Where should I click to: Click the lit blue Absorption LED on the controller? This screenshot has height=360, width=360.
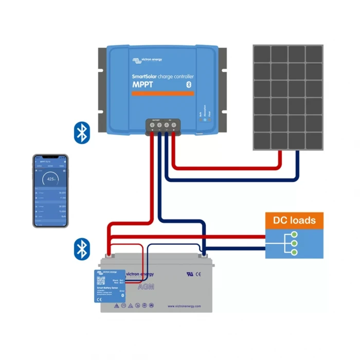[204, 119]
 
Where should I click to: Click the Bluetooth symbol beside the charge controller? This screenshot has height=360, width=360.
[81, 132]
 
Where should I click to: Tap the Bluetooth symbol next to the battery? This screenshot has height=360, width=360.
[81, 248]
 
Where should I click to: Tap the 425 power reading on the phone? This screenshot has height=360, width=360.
[50, 179]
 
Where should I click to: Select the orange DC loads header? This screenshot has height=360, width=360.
[295, 221]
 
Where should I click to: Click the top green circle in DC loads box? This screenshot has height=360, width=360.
[294, 235]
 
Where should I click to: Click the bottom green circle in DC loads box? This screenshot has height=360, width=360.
[294, 252]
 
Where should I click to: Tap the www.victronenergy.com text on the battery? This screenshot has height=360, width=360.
[184, 306]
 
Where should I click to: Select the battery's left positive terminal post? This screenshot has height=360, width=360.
[109, 254]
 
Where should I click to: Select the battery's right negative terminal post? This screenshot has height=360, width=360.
[204, 254]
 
